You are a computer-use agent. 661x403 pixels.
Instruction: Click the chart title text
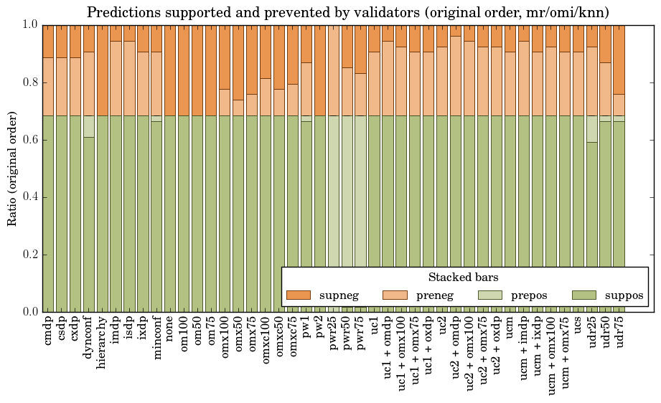[x=348, y=12]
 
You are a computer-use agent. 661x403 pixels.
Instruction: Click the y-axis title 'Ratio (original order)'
[x=12, y=168]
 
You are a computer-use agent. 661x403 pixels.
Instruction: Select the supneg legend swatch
[x=298, y=295]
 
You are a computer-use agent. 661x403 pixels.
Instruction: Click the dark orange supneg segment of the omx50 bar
[x=239, y=62]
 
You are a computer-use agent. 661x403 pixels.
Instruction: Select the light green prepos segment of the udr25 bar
[x=592, y=128]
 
